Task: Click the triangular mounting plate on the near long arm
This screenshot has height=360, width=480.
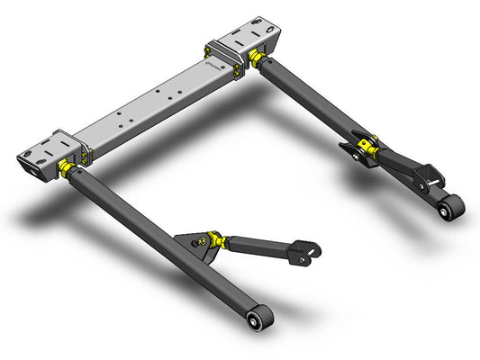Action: click(x=191, y=244)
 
